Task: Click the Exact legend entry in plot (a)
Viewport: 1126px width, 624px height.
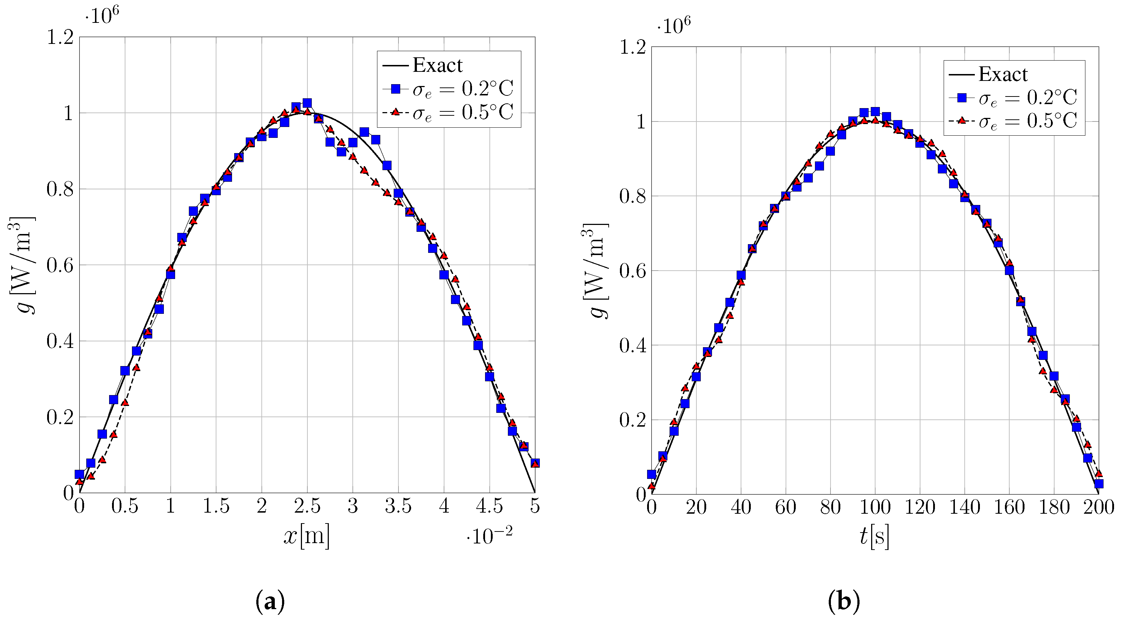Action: [x=437, y=66]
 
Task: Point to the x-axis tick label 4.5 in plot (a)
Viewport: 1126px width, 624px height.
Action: [x=489, y=506]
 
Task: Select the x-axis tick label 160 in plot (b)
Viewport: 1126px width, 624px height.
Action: [x=1009, y=508]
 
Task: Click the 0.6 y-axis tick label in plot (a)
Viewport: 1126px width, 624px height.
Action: [x=60, y=265]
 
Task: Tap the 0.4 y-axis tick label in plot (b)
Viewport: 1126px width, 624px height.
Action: [x=633, y=345]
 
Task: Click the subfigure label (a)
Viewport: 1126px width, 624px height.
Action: [x=270, y=602]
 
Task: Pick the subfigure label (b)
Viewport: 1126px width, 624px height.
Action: [x=843, y=602]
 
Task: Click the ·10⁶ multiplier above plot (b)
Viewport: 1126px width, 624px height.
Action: [x=674, y=26]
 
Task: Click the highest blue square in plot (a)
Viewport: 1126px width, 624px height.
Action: [x=307, y=103]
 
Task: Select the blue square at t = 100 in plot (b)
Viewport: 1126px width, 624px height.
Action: [x=875, y=111]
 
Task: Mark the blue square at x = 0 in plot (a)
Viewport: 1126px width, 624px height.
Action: [x=79, y=474]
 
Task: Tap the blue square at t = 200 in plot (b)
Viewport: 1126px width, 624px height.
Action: [x=1098, y=484]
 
